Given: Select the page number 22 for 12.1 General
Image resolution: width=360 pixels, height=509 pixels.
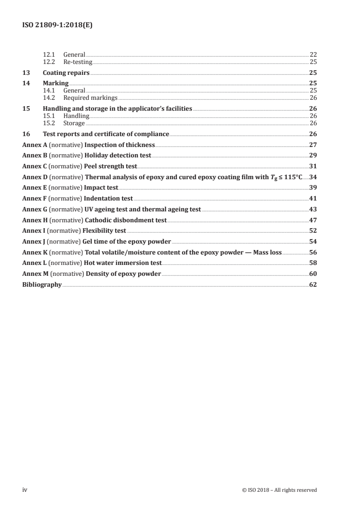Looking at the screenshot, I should pos(313,55).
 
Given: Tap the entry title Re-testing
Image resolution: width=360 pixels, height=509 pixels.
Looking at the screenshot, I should pos(78,62).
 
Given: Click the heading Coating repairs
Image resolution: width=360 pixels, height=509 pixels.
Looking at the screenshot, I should pos(66,73).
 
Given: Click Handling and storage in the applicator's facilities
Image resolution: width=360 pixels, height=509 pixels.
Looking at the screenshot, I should pos(117,108).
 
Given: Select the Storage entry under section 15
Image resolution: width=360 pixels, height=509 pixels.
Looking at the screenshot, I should pos(74,123).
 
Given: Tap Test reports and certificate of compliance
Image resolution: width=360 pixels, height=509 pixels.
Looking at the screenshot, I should pos(106,134).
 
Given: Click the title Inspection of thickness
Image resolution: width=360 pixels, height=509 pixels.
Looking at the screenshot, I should pos(119,145).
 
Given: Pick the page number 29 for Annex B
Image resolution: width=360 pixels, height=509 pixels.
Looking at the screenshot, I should pos(313,155).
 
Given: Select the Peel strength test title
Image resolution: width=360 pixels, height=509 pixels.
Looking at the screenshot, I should pos(111,166).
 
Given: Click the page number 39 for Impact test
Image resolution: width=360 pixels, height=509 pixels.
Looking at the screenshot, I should pos(313,187).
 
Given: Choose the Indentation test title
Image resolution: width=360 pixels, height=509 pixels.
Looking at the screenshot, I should pos(108,198).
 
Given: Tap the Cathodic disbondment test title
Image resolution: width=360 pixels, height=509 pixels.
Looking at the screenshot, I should pos(126,220).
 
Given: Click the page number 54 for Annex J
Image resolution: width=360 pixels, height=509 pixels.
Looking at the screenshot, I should pos(313,241).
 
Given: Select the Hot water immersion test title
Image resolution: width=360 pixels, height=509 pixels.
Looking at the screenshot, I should pos(123,263).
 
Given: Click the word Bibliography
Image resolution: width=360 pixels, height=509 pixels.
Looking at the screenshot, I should pos(42,285).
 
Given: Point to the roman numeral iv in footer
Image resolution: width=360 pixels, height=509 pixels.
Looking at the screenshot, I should pos(25,490).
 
